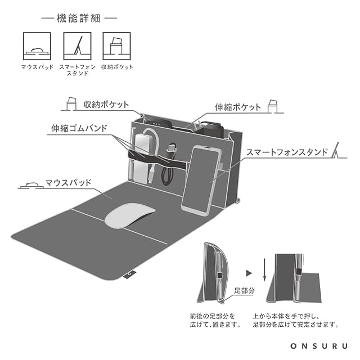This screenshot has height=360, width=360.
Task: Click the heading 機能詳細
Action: [x=79, y=18]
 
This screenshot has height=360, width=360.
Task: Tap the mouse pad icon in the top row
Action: [x=37, y=46]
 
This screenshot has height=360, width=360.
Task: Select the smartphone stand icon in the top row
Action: [x=76, y=46]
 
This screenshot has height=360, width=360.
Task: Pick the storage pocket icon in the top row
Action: [x=116, y=46]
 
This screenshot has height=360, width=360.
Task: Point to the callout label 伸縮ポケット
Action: [x=237, y=107]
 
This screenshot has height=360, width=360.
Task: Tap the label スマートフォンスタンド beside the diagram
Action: [x=287, y=152]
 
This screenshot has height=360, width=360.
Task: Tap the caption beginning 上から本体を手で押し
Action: [x=295, y=320]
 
